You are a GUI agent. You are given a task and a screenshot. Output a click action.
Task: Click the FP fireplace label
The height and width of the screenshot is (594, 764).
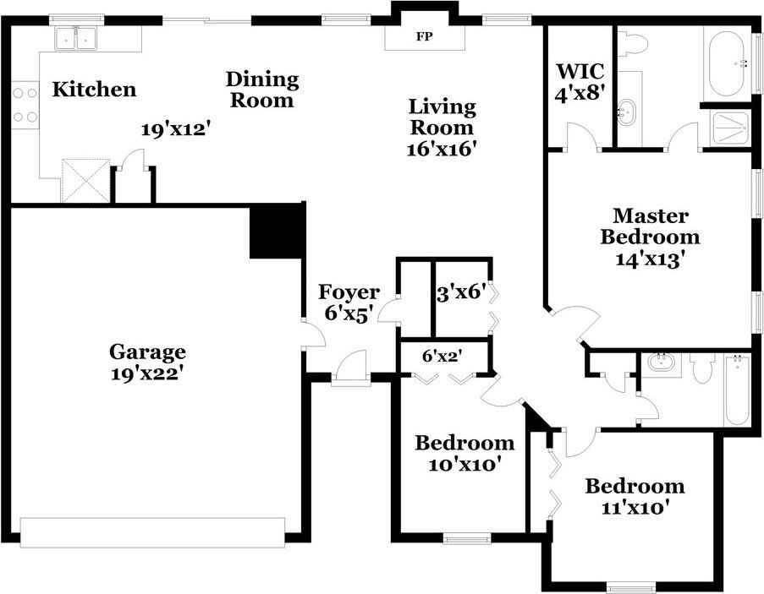425,36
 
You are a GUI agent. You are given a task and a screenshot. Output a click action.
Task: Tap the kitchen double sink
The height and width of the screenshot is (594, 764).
75,38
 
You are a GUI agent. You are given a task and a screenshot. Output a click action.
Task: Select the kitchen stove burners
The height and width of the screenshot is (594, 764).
25,105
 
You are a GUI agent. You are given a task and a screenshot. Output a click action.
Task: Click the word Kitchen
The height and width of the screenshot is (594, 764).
94,90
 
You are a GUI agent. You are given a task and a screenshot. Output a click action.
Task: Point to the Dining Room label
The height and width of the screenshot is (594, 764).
262,90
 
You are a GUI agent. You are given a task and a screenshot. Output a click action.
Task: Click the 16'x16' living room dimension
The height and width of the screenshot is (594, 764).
441,149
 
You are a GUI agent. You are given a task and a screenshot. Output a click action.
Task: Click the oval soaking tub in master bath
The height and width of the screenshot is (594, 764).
726,66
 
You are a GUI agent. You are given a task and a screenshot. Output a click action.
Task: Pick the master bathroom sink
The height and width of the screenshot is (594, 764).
626,113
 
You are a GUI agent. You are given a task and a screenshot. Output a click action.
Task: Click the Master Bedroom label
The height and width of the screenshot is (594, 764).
650,226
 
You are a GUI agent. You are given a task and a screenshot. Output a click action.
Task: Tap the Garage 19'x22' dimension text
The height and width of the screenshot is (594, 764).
146,373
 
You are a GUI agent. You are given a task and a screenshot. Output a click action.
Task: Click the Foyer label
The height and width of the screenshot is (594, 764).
349,292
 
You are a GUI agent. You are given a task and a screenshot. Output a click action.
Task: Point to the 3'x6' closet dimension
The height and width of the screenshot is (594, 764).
461,293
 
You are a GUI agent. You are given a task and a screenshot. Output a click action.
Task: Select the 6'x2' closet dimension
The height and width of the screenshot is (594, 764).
442,356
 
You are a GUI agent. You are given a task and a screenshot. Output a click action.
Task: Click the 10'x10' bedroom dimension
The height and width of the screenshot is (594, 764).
464,464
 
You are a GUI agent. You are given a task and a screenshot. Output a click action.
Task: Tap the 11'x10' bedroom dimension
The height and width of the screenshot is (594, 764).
635,508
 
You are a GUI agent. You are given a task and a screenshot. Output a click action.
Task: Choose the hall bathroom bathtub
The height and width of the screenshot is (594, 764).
737,390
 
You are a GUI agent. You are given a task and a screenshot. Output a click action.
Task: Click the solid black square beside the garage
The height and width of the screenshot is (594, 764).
278,231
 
